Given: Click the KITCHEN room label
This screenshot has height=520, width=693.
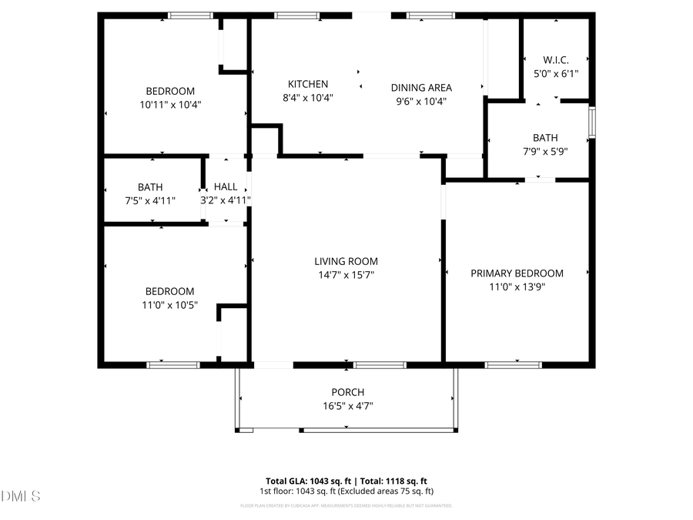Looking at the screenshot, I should (308, 84).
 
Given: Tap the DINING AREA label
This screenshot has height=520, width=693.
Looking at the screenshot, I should (421, 87).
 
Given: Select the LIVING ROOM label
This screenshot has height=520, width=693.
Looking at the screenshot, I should (346, 261).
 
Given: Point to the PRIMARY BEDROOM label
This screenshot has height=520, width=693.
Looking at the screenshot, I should (517, 273).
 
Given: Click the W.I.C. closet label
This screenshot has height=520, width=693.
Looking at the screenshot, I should (556, 60).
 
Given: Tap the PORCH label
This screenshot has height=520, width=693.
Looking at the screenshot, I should (347, 392).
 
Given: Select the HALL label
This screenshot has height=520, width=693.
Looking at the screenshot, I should (226, 186).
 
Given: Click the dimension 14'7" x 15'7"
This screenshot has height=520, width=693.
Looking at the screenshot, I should (346, 275).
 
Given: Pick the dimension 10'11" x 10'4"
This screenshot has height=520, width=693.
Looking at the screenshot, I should (170, 104).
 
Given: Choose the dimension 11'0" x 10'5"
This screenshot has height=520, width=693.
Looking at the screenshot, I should (170, 305).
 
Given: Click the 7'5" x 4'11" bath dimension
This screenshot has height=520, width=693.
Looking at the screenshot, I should (150, 200).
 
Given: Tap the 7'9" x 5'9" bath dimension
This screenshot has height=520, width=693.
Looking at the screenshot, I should (544, 152).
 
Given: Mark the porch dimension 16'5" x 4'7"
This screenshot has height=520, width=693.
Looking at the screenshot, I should (347, 406).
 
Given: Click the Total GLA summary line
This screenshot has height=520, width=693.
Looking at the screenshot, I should (346, 480).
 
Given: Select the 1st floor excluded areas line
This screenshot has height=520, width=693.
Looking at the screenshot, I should (346, 491).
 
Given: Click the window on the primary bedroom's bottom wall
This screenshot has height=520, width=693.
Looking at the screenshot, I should (513, 364).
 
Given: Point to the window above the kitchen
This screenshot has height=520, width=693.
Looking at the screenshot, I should (297, 15).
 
